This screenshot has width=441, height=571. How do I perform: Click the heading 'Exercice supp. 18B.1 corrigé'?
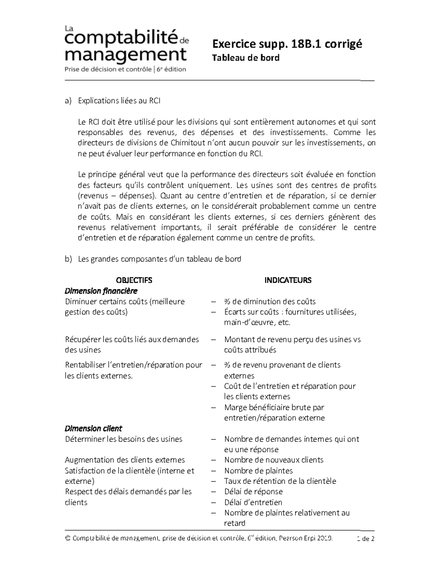[287, 44]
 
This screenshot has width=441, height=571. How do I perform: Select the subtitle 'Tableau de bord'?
[246, 58]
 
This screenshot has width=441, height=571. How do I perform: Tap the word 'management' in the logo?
[126, 54]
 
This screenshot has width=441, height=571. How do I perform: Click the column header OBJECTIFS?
[134, 280]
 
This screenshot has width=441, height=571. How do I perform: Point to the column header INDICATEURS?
[288, 280]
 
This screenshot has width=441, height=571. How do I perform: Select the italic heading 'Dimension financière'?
[101, 291]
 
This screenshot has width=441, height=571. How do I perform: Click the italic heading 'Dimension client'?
[93, 428]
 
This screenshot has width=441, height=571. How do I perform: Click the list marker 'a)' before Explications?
[68, 101]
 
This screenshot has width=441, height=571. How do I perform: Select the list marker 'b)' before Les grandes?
[68, 259]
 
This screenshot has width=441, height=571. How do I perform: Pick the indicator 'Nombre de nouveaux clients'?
[274, 460]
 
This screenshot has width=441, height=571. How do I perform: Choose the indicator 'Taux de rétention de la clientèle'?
[280, 481]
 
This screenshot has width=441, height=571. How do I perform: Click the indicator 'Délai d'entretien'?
[253, 502]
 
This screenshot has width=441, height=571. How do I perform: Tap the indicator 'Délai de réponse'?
[253, 492]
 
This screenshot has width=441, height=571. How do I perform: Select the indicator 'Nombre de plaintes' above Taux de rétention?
[258, 471]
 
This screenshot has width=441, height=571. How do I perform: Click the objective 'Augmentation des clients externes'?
[125, 460]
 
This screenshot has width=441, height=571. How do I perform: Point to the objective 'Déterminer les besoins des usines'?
[123, 439]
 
